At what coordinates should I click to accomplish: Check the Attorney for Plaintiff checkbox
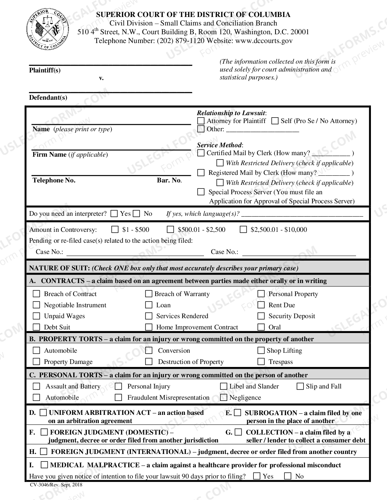(x=201, y=121)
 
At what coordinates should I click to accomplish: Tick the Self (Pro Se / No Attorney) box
(x=275, y=121)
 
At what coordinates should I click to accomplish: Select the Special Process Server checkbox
(x=201, y=192)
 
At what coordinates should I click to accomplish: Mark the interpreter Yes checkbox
(x=114, y=214)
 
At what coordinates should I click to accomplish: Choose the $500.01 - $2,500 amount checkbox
(x=171, y=229)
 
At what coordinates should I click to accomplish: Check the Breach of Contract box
(x=36, y=294)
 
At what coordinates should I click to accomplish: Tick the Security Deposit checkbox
(x=261, y=316)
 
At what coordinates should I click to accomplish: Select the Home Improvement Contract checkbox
(x=149, y=327)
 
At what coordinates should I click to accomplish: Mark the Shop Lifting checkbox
(x=261, y=351)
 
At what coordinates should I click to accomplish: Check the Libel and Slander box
(x=224, y=386)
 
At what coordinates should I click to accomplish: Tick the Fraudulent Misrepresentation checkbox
(x=118, y=397)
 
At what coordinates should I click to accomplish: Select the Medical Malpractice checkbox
(x=44, y=465)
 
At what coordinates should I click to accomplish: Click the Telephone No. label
(x=54, y=180)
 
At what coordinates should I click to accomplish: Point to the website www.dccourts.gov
(x=264, y=41)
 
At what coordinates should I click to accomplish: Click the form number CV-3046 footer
(x=56, y=485)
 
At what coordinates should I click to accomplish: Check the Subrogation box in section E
(x=238, y=413)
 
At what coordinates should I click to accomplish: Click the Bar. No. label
(x=169, y=180)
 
